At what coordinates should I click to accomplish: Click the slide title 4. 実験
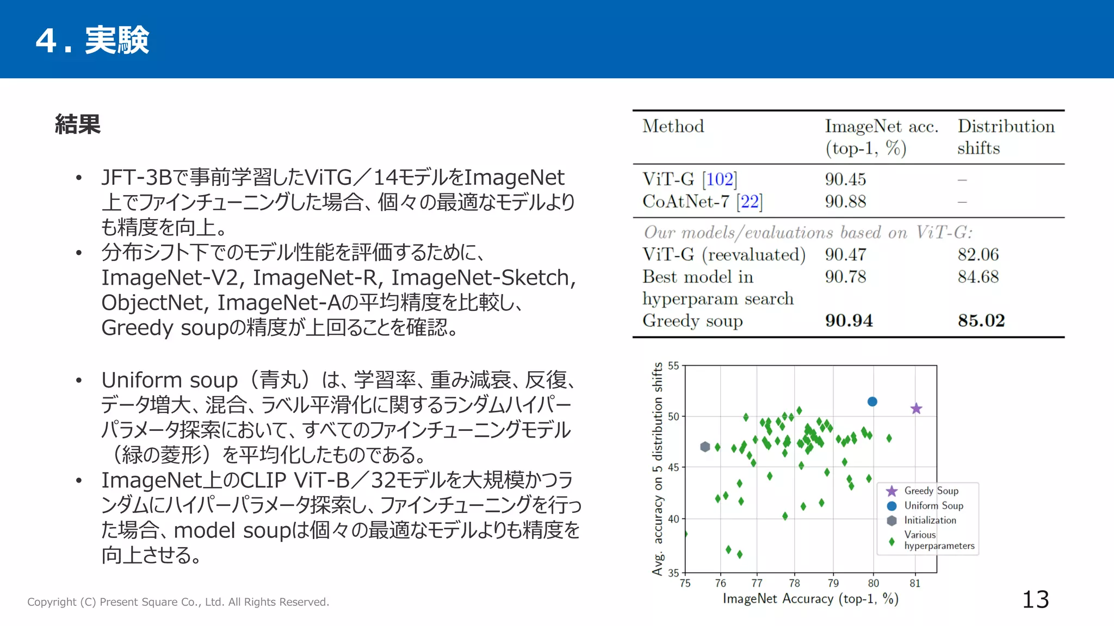[92, 40]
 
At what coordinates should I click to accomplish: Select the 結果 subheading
[78, 124]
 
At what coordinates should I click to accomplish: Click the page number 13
[1035, 600]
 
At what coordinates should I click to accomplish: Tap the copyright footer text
[178, 602]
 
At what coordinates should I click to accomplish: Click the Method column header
[673, 127]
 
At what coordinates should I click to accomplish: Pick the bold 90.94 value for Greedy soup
[849, 321]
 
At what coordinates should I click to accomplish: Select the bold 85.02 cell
[981, 321]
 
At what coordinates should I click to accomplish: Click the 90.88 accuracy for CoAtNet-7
[845, 202]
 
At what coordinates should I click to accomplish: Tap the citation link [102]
[720, 179]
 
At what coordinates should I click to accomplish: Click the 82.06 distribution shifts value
[978, 254]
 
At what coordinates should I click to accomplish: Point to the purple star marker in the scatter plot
[916, 409]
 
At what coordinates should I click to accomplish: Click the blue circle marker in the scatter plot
[872, 402]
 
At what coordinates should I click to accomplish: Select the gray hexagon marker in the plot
[705, 447]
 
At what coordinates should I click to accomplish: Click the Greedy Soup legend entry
[931, 491]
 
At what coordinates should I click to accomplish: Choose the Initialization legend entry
[930, 520]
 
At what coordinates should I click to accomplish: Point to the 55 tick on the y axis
[673, 366]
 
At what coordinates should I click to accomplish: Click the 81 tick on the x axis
[915, 583]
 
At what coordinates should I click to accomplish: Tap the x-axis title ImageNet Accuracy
[810, 599]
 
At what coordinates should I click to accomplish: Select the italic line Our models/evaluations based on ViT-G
[808, 233]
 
